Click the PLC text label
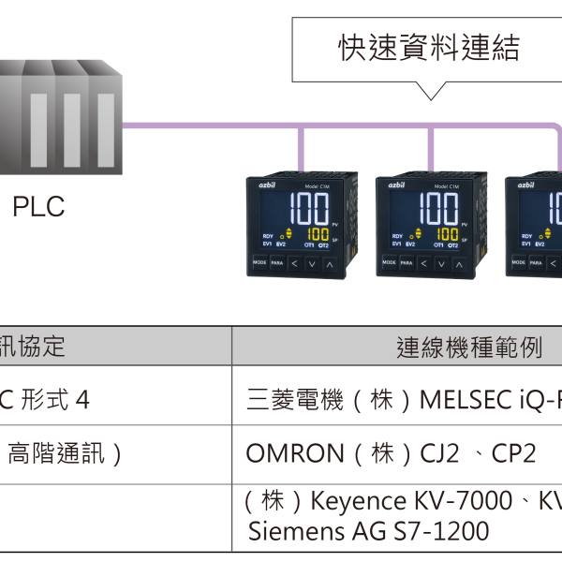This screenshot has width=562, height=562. pyautogui.click(x=38, y=206)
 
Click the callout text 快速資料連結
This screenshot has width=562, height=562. pyautogui.click(x=428, y=49)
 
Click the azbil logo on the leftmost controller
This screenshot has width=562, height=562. pyautogui.click(x=259, y=186)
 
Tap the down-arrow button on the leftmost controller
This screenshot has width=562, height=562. pyautogui.click(x=311, y=264)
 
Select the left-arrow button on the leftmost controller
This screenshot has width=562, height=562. pyautogui.click(x=293, y=264)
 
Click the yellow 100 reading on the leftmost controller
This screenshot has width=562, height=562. pyautogui.click(x=317, y=233)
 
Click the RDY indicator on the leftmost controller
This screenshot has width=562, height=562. pyautogui.click(x=267, y=236)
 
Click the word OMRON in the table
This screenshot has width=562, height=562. pyautogui.click(x=295, y=454)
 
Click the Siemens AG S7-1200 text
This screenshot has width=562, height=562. pyautogui.click(x=367, y=532)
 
